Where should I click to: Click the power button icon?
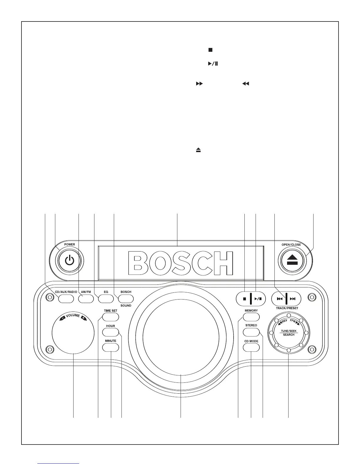point(69,261)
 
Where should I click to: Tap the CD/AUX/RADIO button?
point(66,299)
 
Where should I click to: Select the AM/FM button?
point(86,299)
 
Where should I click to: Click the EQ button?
point(106,299)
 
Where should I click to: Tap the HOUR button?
point(111,332)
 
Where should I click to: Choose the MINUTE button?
point(111,347)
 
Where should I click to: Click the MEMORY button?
point(251,317)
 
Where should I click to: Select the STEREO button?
point(251,332)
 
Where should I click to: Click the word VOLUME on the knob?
point(73,316)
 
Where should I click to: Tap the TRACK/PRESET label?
point(287,308)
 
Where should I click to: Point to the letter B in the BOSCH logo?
point(141,263)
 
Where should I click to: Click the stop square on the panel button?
point(244,299)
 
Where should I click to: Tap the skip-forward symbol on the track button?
point(293,299)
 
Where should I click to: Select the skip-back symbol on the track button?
point(280,299)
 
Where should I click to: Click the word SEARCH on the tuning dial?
point(289,335)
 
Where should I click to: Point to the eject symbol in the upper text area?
point(199,150)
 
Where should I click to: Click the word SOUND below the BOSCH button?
point(126,306)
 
